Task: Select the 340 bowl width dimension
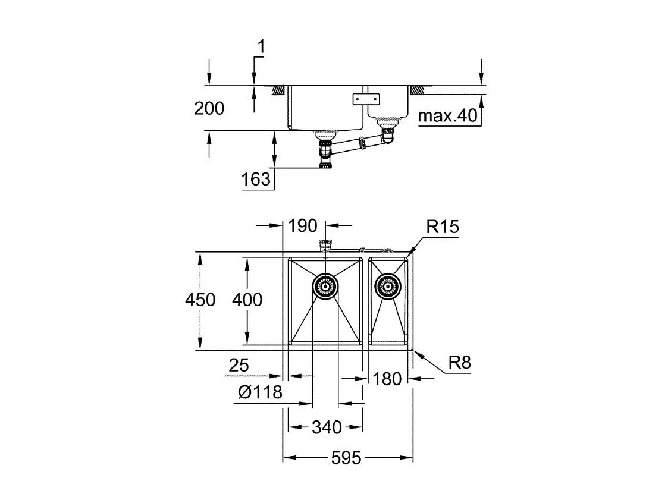tap(327, 427)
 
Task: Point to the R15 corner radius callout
tap(443, 227)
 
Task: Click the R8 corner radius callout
tap(459, 363)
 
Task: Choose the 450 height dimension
tap(199, 300)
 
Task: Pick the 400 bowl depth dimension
tap(246, 300)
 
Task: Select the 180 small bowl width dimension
tap(388, 378)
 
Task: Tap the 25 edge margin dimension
tap(239, 366)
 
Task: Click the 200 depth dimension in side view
tap(209, 108)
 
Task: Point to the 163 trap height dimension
tap(256, 179)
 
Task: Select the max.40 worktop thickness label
tap(448, 116)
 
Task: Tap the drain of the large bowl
tap(325, 288)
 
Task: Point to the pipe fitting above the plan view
tap(325, 244)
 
